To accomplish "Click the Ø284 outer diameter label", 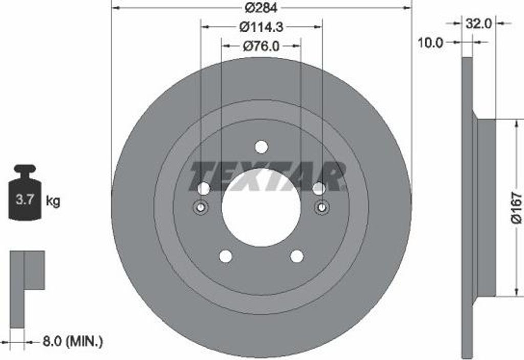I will [261, 8].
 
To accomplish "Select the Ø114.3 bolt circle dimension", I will [261, 27].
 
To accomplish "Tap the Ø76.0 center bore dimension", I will [261, 46].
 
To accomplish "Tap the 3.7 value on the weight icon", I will [25, 200].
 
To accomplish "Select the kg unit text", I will [53, 201].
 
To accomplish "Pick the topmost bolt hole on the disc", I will [261, 147].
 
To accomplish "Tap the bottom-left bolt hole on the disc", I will [225, 256].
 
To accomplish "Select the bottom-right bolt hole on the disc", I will [297, 256].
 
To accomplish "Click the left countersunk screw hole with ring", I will [201, 207].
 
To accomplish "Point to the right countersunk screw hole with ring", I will [322, 207].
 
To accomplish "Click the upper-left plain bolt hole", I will [204, 189].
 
